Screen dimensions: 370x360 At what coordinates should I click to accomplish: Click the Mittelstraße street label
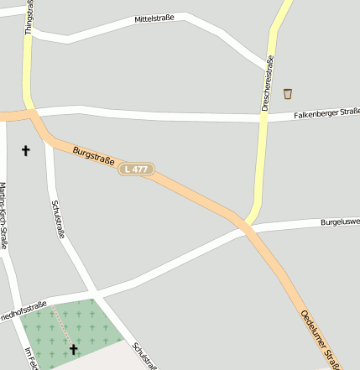click(154, 18)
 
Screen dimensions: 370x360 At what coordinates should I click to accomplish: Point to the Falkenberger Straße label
click(326, 114)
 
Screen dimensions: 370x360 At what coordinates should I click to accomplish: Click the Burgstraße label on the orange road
click(93, 155)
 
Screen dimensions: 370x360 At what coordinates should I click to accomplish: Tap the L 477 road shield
click(137, 169)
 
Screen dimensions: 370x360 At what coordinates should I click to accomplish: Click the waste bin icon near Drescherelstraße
click(288, 93)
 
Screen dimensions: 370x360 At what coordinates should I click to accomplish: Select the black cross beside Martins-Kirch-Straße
click(25, 151)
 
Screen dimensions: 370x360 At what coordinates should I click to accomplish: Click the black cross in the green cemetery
click(73, 348)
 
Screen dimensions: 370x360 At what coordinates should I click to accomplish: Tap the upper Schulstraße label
click(58, 220)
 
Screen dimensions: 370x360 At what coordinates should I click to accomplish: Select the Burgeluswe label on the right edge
click(339, 222)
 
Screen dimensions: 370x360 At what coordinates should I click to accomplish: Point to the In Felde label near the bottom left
click(31, 358)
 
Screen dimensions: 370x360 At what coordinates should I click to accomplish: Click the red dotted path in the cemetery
click(61, 323)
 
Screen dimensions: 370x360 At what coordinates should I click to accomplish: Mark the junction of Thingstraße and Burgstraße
click(32, 114)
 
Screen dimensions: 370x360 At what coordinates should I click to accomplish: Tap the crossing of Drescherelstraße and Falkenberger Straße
click(263, 118)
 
